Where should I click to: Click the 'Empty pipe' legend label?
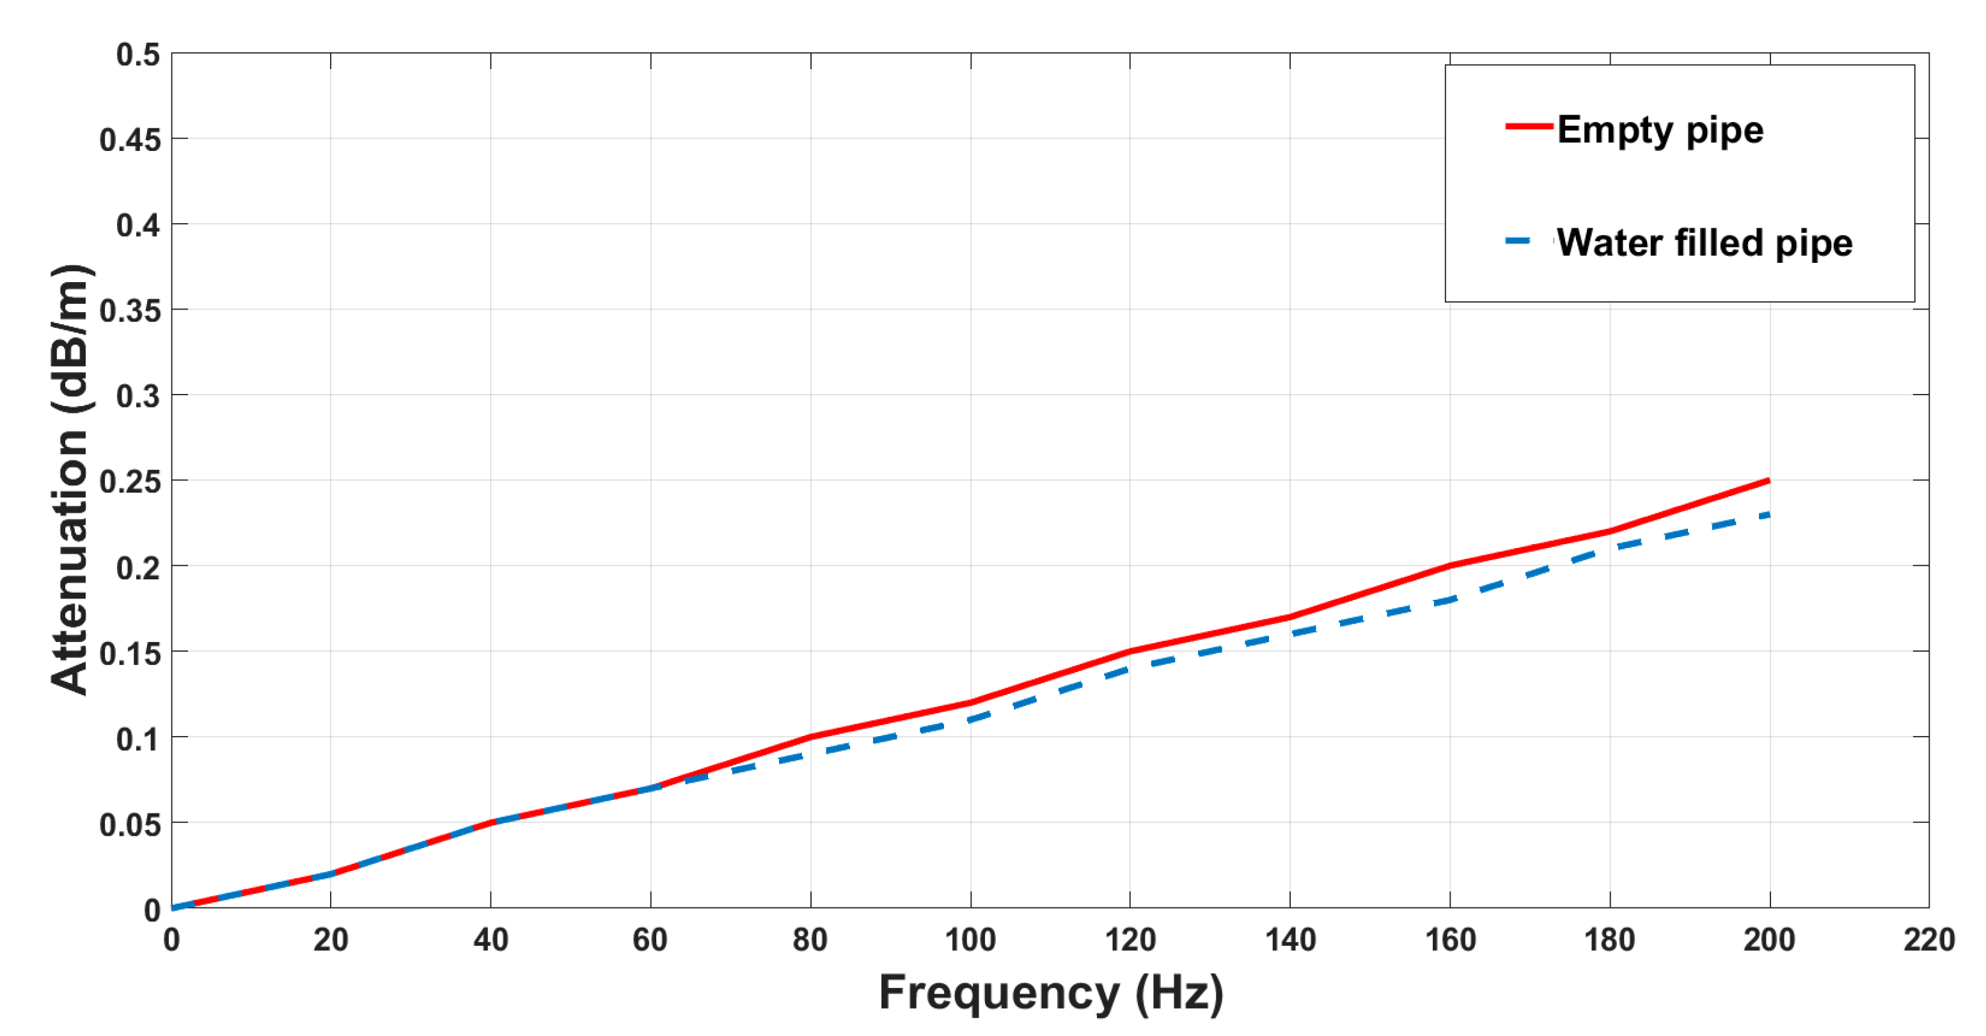click(1660, 129)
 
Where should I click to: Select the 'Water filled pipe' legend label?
click(1705, 243)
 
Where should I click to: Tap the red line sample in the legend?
click(1529, 125)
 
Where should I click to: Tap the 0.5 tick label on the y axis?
click(138, 55)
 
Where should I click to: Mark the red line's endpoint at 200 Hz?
click(1769, 481)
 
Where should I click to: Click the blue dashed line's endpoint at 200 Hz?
click(1769, 515)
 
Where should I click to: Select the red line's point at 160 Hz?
click(1450, 566)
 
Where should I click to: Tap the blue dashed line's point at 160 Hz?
click(1450, 600)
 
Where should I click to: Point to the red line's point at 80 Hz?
click(811, 737)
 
